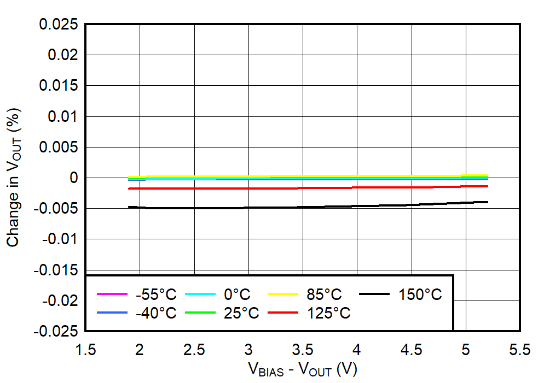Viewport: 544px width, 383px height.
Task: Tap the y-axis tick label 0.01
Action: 62,116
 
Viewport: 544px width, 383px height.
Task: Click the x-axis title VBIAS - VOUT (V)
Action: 303,370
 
